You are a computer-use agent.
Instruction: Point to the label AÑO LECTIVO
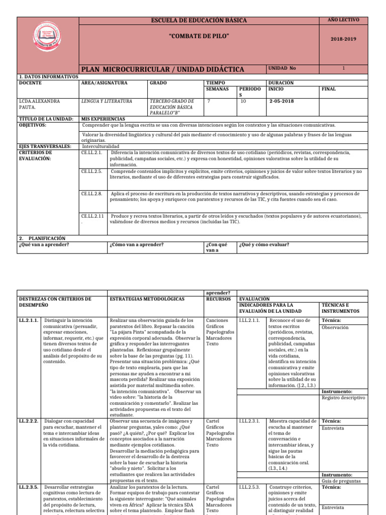pyautogui.click(x=344, y=20)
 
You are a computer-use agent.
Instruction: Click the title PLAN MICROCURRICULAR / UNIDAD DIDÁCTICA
pyautogui.click(x=162, y=68)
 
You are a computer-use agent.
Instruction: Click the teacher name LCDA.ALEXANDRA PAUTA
pyautogui.click(x=39, y=104)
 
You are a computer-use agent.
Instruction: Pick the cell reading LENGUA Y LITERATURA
pyautogui.click(x=107, y=101)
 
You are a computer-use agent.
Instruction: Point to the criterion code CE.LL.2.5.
pyautogui.click(x=91, y=171)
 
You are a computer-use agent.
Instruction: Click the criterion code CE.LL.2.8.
pyautogui.click(x=91, y=193)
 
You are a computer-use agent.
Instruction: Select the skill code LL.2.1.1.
pyautogui.click(x=29, y=320)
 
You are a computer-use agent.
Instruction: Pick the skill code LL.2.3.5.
pyautogui.click(x=29, y=487)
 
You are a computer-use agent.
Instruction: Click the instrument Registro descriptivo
pyautogui.click(x=343, y=397)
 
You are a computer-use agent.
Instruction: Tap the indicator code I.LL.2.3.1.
pyautogui.click(x=249, y=421)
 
